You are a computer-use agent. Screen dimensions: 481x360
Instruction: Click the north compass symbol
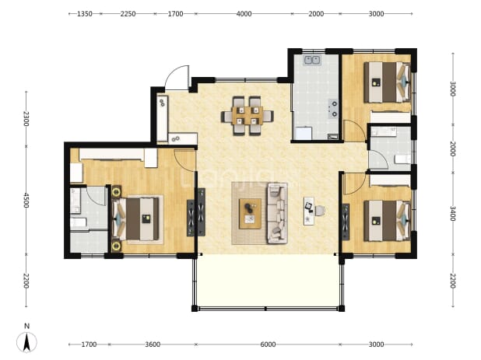coord(26,341)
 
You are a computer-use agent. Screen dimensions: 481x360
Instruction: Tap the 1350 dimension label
coord(85,14)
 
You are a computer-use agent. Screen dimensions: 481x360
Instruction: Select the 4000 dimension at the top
coord(244,14)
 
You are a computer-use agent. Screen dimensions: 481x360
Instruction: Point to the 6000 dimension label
coord(268,344)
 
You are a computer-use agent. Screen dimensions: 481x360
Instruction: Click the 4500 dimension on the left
coord(26,200)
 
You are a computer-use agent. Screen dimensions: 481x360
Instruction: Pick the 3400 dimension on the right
coord(453,214)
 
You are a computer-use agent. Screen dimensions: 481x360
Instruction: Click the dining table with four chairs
coord(248,116)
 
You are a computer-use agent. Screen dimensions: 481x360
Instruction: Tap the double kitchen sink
coord(312,60)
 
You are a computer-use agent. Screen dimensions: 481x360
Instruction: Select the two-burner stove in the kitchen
coord(333,108)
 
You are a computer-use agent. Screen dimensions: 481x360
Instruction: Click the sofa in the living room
coord(277,213)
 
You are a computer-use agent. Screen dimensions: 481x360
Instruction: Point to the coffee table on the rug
coord(251,214)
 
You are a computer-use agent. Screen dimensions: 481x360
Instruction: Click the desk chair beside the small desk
coord(320,211)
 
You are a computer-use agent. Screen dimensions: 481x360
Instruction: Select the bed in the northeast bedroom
coord(387,82)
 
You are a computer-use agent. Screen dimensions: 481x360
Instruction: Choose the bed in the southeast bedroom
coord(387,221)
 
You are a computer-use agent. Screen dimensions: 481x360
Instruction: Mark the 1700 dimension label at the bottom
coord(89,344)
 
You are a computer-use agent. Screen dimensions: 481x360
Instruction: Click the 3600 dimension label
coord(153,344)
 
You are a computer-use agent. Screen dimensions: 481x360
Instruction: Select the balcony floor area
coord(268,280)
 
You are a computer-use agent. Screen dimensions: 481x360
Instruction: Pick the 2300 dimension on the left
coord(26,118)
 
